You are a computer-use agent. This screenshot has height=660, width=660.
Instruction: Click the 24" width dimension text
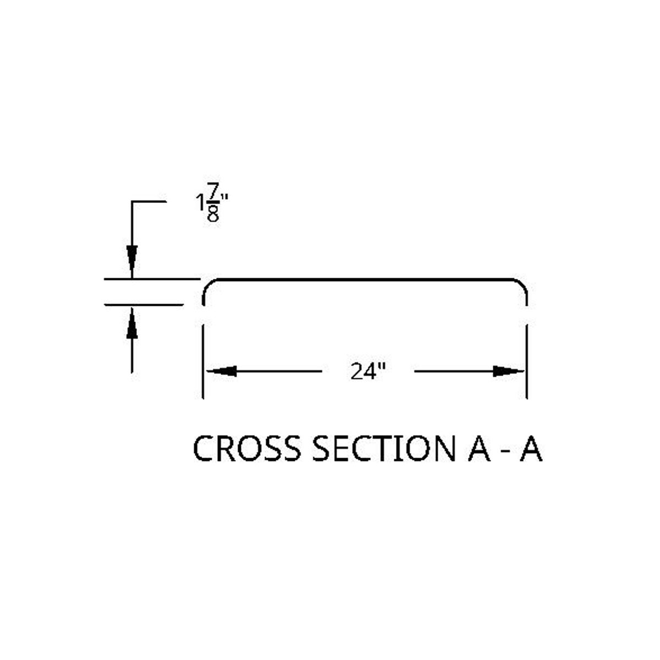coord(368,371)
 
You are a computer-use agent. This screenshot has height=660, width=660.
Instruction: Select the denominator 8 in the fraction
coord(213,214)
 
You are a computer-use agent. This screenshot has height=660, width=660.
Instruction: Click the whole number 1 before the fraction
coord(200,202)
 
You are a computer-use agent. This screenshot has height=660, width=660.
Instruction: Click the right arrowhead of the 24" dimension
coord(509,371)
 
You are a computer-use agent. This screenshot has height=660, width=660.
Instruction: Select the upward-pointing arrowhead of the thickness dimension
coord(132,323)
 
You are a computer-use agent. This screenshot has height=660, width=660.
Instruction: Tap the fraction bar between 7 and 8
coord(213,202)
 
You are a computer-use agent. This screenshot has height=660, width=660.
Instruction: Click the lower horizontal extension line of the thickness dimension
coord(144,305)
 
